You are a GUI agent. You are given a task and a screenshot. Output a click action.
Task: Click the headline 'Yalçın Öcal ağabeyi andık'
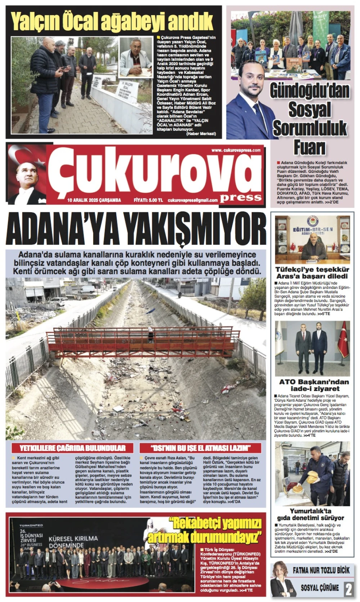click(112, 21)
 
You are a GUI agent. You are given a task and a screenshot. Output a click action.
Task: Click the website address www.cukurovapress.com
click(236, 150)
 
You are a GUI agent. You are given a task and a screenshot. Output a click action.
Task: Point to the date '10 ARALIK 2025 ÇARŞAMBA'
click(94, 200)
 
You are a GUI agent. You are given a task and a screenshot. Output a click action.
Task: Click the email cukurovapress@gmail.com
click(193, 200)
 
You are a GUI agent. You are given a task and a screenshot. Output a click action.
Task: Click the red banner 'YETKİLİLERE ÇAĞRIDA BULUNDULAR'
click(72, 448)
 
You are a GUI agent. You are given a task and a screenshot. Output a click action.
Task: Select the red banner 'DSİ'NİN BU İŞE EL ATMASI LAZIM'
click(200, 448)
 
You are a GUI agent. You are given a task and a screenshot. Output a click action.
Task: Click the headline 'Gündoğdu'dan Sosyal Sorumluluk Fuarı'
click(310, 119)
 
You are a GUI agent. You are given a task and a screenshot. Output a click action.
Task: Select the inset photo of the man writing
click(136, 57)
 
